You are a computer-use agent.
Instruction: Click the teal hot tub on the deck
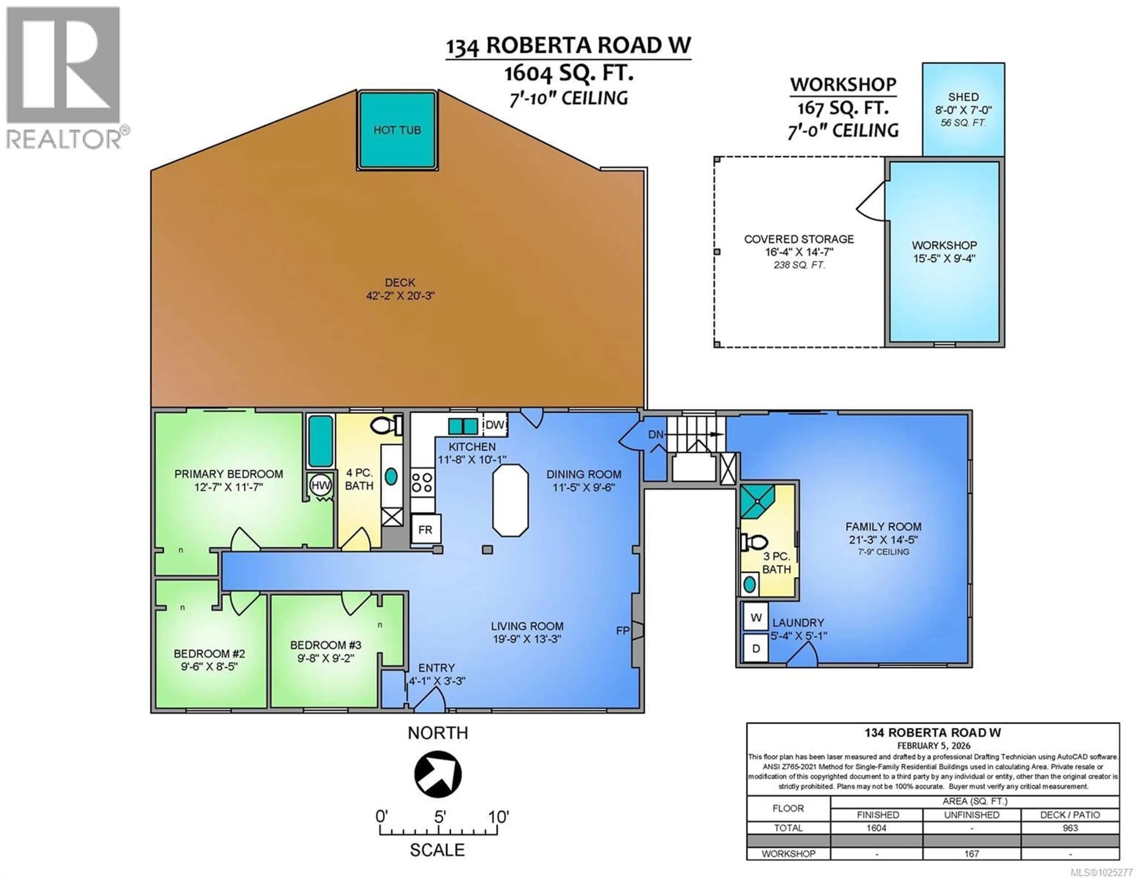[x=397, y=130]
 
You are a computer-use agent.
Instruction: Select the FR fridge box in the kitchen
[x=425, y=530]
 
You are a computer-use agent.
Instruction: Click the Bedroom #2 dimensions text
[x=209, y=667]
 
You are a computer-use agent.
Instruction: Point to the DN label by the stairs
[x=656, y=434]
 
